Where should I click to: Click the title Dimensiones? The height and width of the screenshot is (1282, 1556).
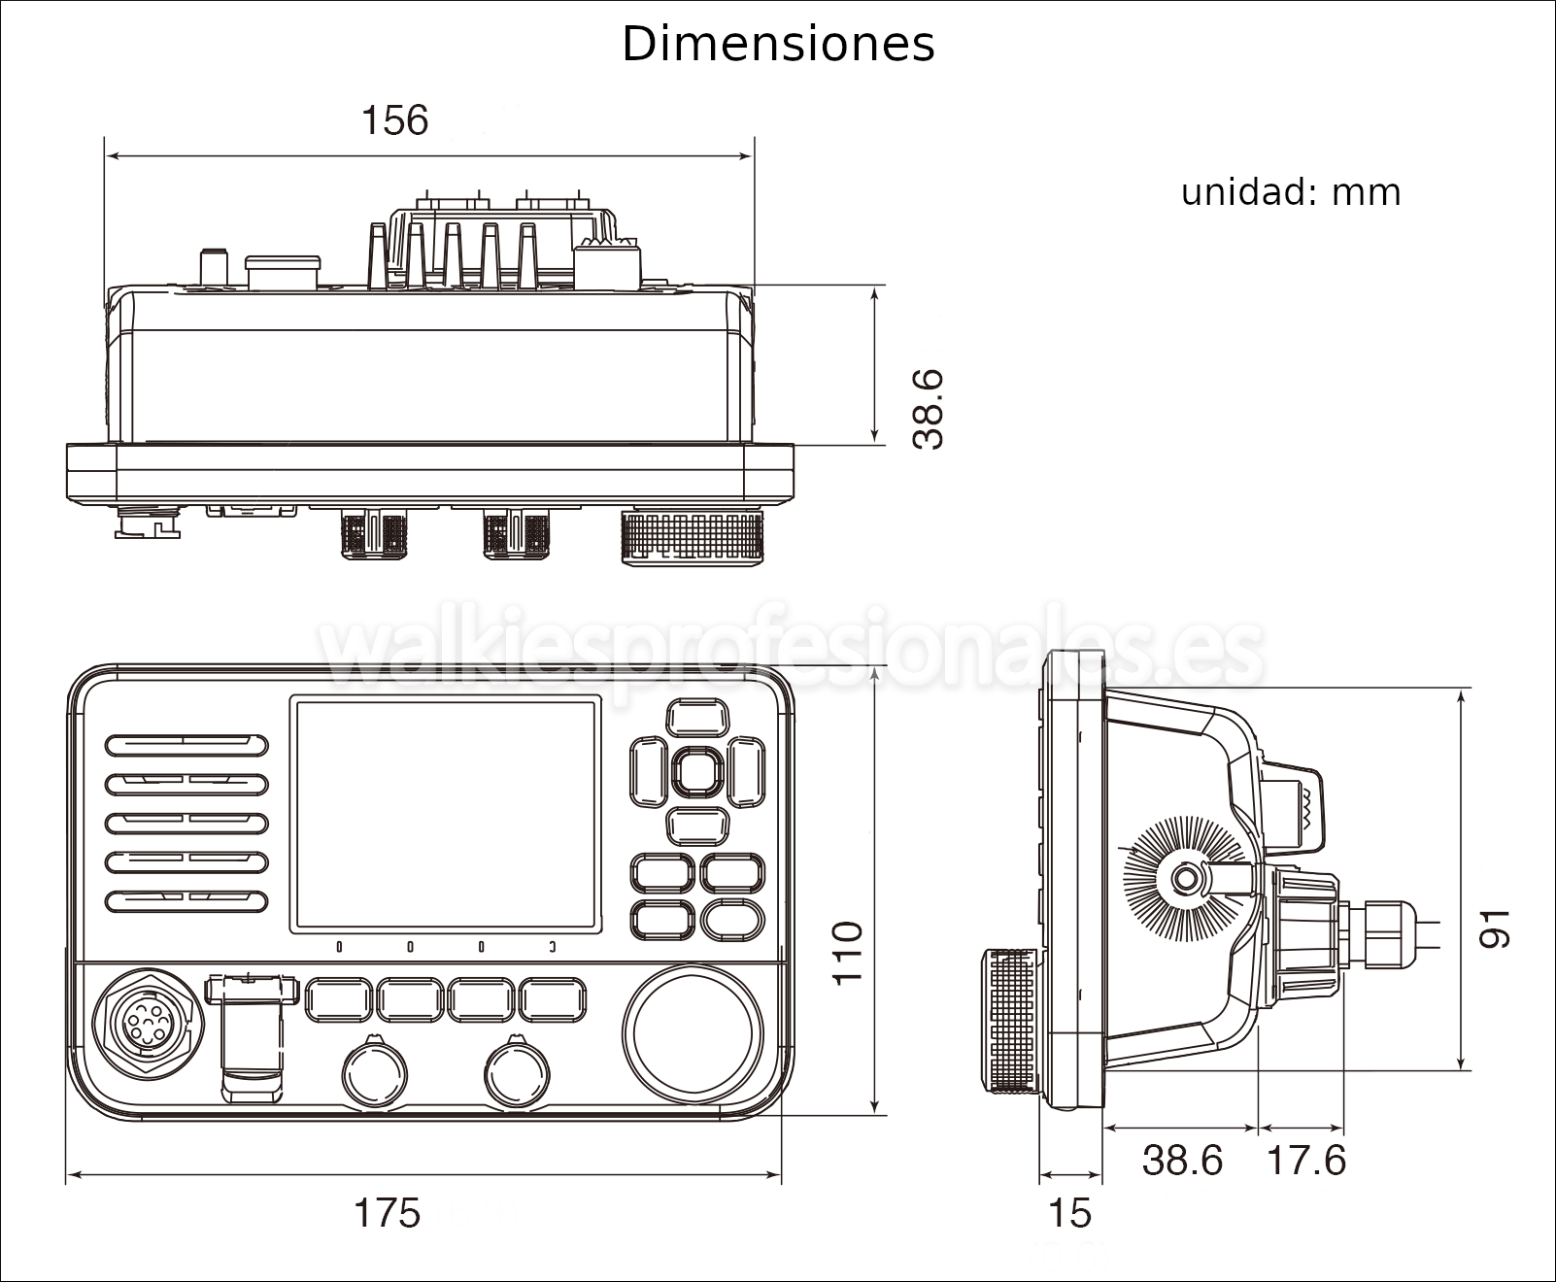pos(778,45)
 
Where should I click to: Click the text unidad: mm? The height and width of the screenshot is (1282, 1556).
pos(1291,192)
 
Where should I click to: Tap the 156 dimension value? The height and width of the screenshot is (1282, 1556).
pos(394,120)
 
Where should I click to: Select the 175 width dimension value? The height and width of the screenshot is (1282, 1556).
pos(387,1212)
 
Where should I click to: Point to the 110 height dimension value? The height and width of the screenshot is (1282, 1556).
pos(848,952)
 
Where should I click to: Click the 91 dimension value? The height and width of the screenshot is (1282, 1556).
pos(1495,928)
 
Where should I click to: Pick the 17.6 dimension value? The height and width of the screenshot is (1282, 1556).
pos(1306,1160)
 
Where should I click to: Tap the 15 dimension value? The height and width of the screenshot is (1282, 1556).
pos(1070,1212)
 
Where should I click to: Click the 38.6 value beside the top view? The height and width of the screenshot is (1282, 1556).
pos(929,409)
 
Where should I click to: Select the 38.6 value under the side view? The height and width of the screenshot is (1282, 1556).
pos(1182,1160)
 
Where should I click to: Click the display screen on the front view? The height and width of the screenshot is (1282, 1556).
pos(444,815)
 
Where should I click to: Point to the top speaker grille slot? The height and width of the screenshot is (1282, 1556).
pos(186,745)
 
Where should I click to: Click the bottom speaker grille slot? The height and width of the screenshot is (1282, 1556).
pos(186,900)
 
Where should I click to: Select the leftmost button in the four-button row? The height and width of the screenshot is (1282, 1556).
pos(339,998)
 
